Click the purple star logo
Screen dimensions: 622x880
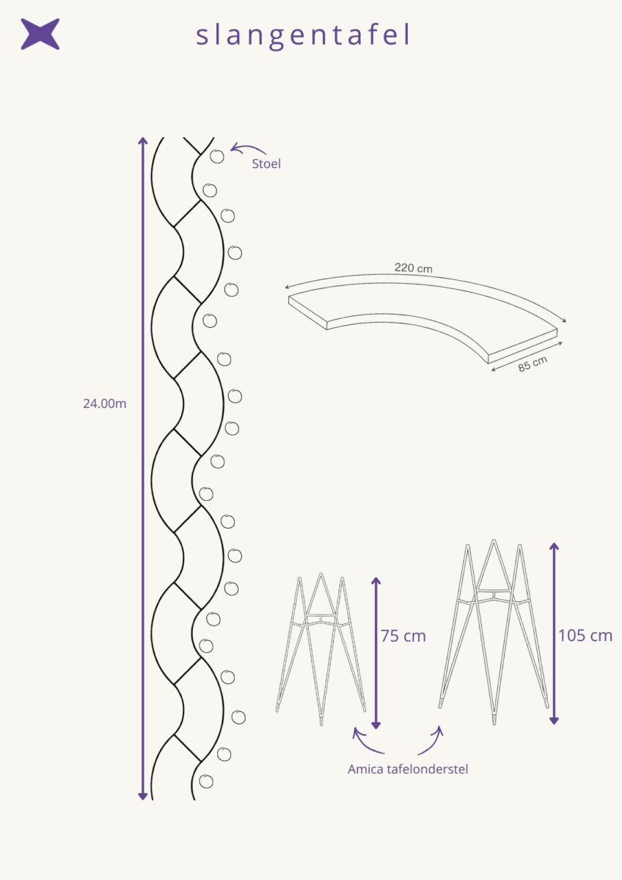40,34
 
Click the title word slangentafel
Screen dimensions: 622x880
304,36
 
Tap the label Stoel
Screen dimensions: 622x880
266,164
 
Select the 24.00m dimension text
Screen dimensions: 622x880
104,404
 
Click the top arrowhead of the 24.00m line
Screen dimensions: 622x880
142,140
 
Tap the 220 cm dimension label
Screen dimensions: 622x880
414,268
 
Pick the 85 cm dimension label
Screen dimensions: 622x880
533,364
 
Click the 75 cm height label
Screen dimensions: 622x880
403,636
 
